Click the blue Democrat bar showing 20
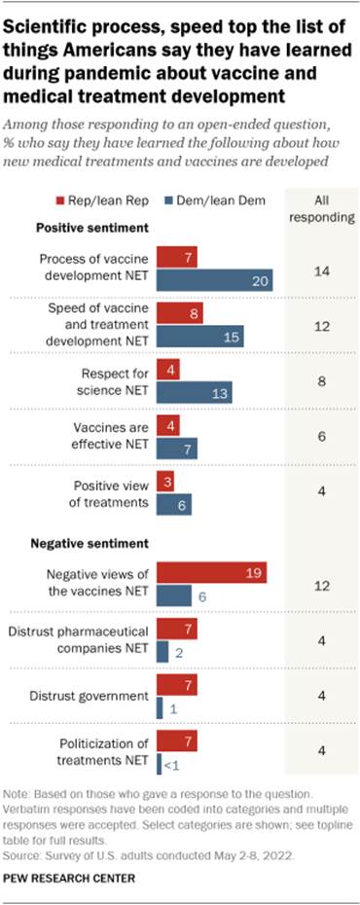[x=214, y=279]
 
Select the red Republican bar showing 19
[x=211, y=573]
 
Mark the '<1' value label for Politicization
[x=170, y=762]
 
